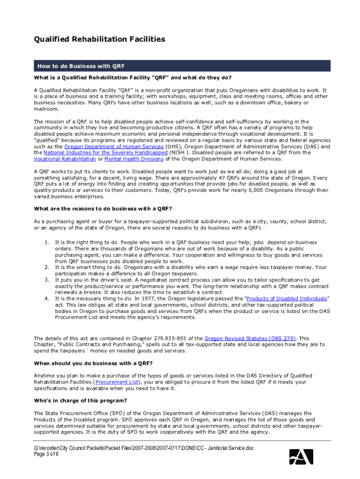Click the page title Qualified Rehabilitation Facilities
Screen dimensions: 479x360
pos(100,39)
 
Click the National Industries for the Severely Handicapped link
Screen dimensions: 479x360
pos(105,152)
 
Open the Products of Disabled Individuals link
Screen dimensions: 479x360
pos(287,298)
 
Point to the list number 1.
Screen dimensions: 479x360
pos(46,242)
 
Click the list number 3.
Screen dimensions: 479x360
pos(46,279)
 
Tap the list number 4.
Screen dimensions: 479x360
pos(46,298)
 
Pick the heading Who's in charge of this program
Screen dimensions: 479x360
pos(80,400)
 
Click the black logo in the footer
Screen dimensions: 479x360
pos(301,456)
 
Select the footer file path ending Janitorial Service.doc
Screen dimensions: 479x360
pos(141,449)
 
